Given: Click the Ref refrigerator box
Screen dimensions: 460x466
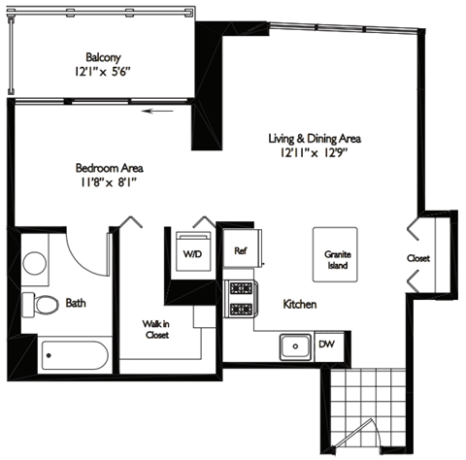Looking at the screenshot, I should click(x=242, y=249).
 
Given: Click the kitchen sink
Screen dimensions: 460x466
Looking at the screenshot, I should click(x=291, y=345).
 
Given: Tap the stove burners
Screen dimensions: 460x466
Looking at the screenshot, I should click(x=239, y=299).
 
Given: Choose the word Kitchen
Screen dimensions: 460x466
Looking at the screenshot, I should click(x=300, y=305).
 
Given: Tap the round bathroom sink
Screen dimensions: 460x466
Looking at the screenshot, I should click(x=37, y=261).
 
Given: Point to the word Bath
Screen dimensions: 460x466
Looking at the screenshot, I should click(x=76, y=303).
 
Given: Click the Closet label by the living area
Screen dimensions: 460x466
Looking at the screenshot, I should click(x=418, y=258).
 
